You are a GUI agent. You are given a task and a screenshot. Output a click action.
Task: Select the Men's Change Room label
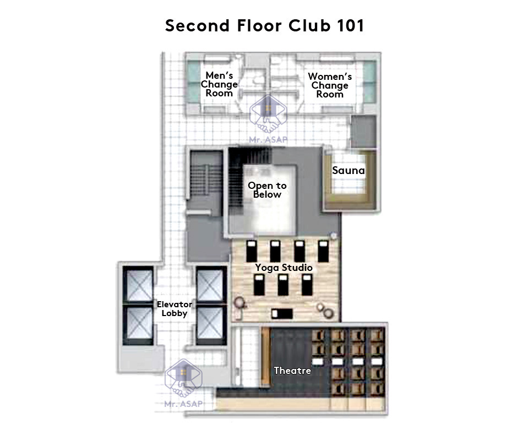pos(219,84)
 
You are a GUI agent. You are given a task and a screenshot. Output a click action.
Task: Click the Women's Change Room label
pos(330,85)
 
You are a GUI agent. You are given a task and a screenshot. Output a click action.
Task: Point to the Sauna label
pos(348,171)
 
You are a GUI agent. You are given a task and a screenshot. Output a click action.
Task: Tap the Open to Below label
pos(267,190)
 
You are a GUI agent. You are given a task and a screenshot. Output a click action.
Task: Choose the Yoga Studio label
pos(284,268)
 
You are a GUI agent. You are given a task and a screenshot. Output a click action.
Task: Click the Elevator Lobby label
pos(175,309)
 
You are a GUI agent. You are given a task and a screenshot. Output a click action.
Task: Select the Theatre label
pos(292,371)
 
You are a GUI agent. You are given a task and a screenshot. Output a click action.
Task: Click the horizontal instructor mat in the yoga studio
pos(282,313)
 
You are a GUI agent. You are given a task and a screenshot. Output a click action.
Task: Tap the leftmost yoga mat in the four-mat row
pos(251,251)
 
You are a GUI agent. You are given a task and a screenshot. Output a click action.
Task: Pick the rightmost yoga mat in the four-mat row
pos(323,251)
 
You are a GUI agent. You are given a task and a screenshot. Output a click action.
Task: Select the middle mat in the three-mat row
pos(283,285)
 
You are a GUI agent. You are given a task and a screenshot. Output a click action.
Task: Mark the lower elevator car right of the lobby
pos(211,325)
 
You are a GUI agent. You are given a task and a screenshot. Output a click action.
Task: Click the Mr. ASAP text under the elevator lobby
pos(183,404)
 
